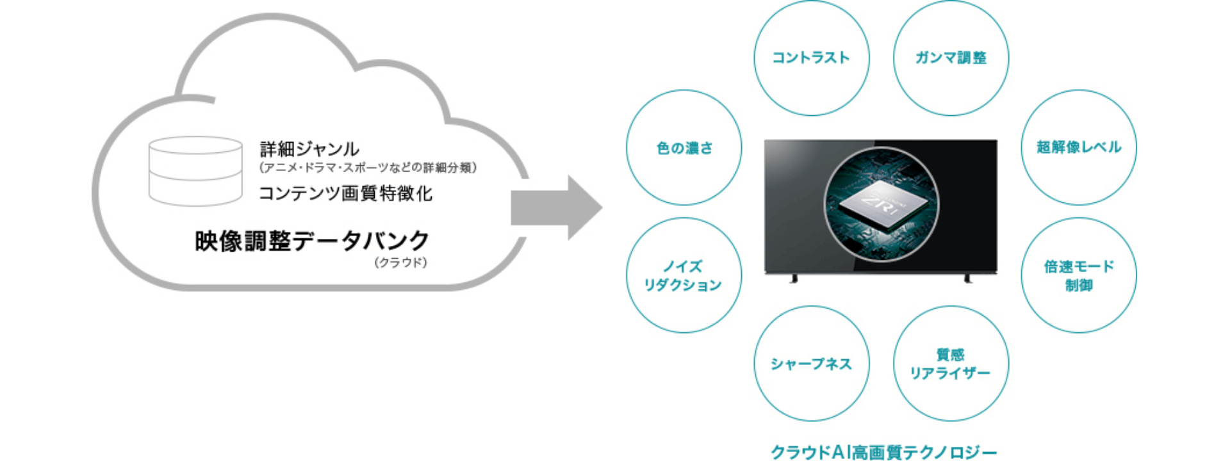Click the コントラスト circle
811,58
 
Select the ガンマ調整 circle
951,58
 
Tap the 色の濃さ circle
684,148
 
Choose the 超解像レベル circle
1079,147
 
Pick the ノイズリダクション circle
684,275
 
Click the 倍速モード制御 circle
1079,275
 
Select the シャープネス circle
811,364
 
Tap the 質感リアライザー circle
951,364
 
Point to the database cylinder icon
195,171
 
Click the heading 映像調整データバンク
312,241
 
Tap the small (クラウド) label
400,263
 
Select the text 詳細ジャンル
309,149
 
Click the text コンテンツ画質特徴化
345,193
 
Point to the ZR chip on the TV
881,204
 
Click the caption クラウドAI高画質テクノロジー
883,452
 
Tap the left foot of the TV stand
794,279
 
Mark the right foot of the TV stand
968,279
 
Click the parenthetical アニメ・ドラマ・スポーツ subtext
368,168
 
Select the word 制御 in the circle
1079,286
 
